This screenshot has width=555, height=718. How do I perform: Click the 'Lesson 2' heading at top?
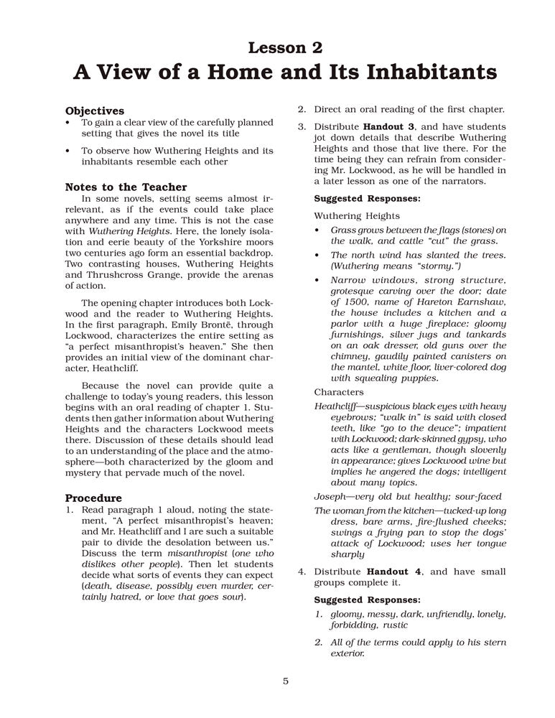click(285, 48)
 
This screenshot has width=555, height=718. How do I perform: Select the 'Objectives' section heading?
click(95, 111)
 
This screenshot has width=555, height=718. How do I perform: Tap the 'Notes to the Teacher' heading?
click(126, 187)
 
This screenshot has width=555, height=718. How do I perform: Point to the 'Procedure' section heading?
click(93, 498)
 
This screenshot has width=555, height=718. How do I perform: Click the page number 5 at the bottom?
click(285, 681)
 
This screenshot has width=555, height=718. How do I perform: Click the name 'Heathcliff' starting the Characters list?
click(337, 406)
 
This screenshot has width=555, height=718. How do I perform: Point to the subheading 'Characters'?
click(338, 392)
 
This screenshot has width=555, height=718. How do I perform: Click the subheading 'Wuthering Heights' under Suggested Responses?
click(357, 215)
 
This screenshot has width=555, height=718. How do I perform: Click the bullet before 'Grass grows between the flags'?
click(318, 230)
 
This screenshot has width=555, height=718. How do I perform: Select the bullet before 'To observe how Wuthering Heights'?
click(67, 151)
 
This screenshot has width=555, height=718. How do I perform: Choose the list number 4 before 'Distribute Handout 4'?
click(302, 572)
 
